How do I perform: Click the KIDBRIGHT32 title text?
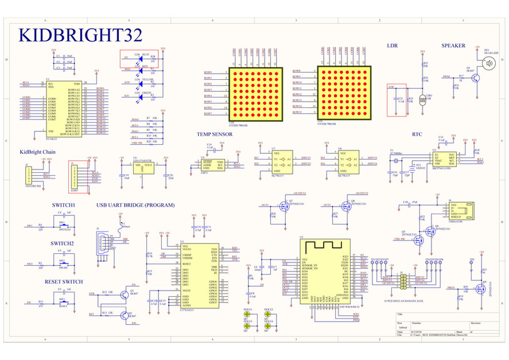[x=80, y=35]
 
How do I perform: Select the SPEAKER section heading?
[x=453, y=45]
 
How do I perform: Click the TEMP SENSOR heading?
[x=214, y=134]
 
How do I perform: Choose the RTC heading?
[x=417, y=134]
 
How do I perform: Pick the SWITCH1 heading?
[x=63, y=205]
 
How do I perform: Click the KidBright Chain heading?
[x=37, y=152]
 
